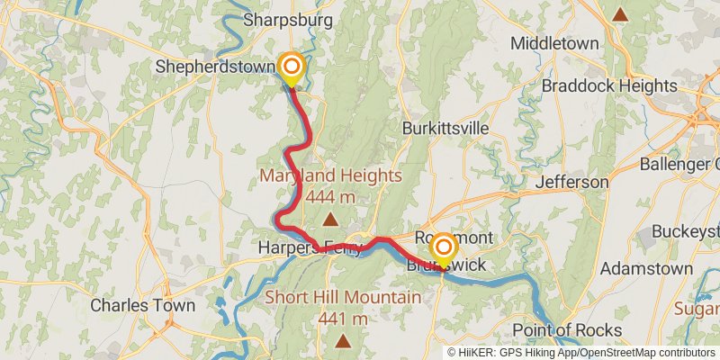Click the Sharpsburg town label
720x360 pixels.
tap(289, 20)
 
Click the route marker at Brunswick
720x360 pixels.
tap(443, 248)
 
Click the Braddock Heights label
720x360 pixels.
tap(608, 86)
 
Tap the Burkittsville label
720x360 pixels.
tap(445, 128)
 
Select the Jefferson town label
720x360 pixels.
tap(572, 182)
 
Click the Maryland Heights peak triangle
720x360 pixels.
tap(331, 219)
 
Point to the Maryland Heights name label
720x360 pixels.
tap(331, 175)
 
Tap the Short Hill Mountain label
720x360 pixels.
tap(342, 298)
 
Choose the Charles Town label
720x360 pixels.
tap(143, 305)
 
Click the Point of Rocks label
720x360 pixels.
tap(567, 329)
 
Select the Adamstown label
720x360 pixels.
tap(646, 269)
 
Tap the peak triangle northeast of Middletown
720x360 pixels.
tap(620, 14)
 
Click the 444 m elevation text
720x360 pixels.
tap(331, 196)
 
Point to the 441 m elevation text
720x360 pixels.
tap(342, 319)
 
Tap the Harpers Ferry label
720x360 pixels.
tap(310, 247)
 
